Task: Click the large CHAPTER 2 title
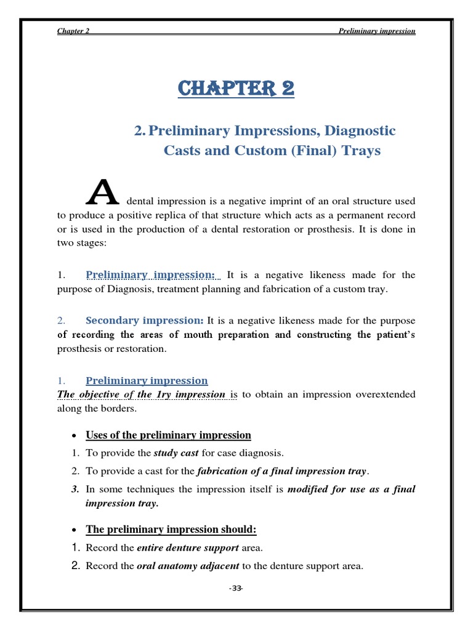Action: (x=236, y=89)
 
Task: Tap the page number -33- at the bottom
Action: (x=236, y=589)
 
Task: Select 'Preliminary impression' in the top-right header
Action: (x=377, y=31)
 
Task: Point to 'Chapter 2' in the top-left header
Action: (x=73, y=31)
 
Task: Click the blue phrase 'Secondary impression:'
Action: (x=145, y=321)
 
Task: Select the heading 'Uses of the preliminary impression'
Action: (x=168, y=435)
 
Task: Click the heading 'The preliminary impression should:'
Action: (x=171, y=529)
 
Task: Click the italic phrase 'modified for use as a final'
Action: (x=351, y=490)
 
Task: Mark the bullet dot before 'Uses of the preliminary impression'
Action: (x=74, y=436)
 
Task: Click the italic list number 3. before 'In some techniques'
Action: (x=75, y=490)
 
